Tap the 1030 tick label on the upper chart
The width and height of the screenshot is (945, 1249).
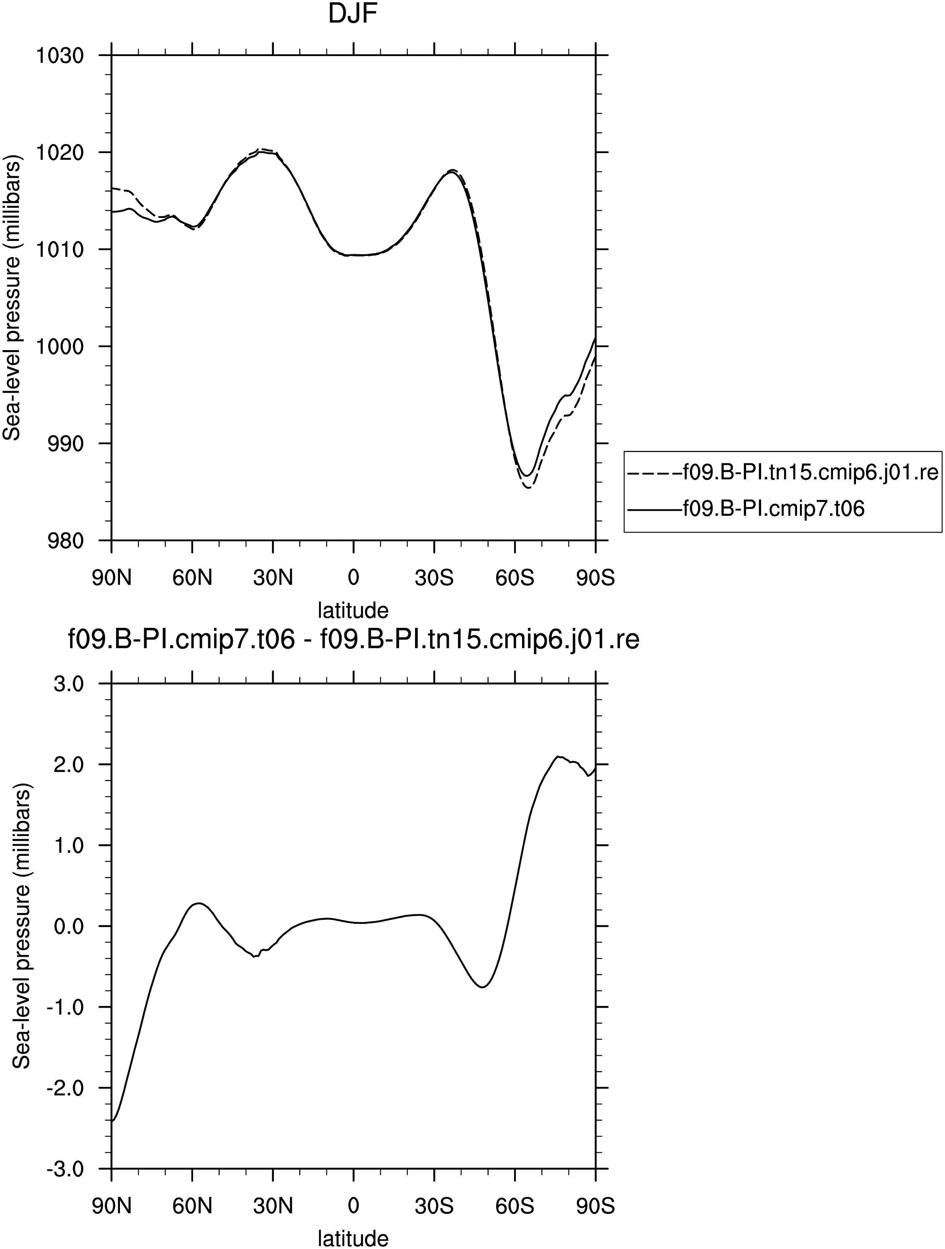pyautogui.click(x=59, y=56)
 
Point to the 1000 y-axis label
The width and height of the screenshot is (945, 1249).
pyautogui.click(x=59, y=347)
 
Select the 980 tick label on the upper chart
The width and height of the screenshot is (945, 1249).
pyautogui.click(x=64, y=540)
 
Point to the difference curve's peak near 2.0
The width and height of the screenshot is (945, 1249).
pyautogui.click(x=558, y=756)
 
